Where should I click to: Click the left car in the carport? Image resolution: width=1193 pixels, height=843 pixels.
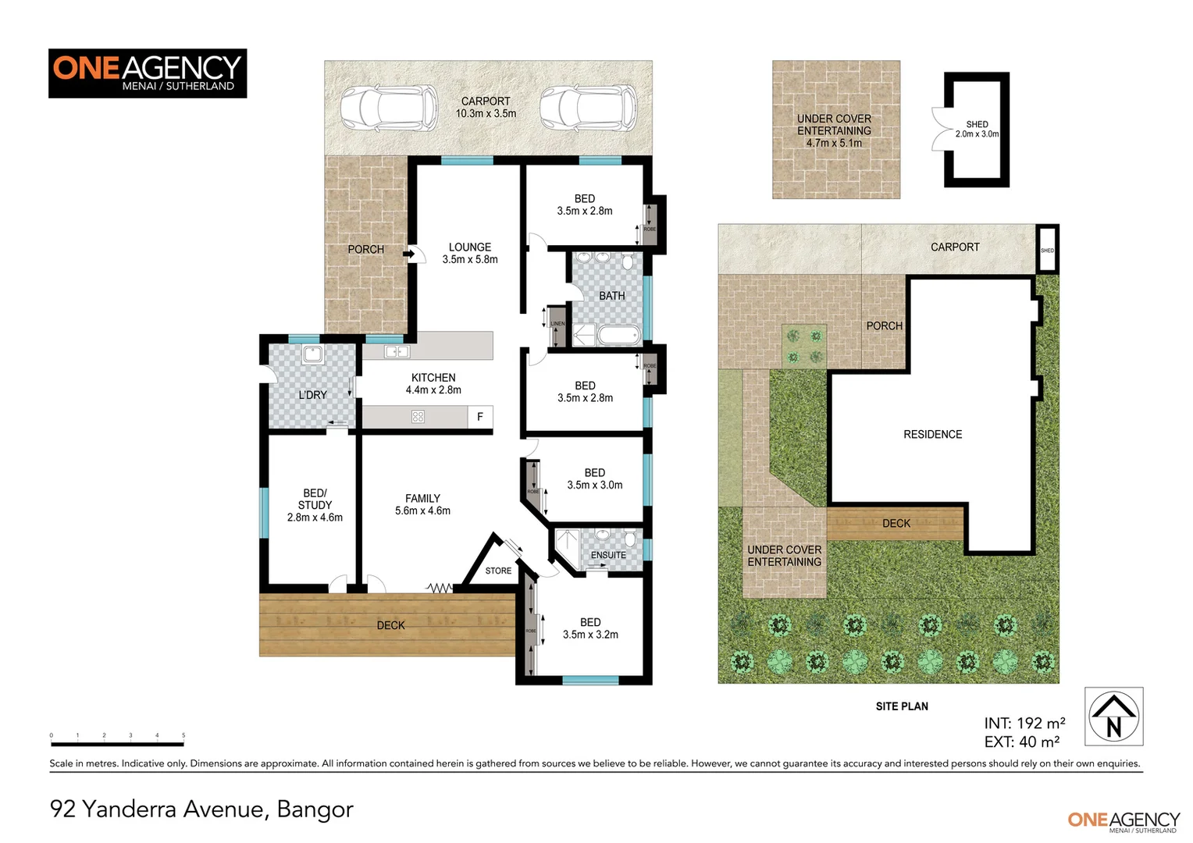coord(388,108)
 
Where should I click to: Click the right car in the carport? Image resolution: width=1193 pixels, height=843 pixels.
coord(589,108)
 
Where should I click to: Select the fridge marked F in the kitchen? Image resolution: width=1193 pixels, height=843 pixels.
coord(480,417)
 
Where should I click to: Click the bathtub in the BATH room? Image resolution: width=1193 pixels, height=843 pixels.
coord(619,336)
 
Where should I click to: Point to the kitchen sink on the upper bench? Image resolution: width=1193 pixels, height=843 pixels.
coord(397,352)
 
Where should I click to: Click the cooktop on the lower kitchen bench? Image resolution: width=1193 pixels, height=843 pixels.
coord(418,417)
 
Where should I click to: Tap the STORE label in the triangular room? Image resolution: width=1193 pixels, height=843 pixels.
coord(498,571)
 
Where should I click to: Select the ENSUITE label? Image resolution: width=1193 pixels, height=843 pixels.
coord(608,555)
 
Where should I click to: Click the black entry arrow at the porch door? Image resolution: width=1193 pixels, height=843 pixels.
coord(408,254)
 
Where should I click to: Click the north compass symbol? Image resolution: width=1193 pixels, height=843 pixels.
coord(1114,716)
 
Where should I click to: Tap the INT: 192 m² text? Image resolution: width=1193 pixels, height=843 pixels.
coord(1024,724)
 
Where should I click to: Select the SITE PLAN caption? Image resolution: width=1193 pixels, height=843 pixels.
coord(902,706)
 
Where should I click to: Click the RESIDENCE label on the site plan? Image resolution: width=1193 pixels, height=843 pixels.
coord(932,435)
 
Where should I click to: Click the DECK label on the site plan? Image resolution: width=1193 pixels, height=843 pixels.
coord(896,524)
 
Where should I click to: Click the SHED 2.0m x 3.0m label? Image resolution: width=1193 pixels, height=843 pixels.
coord(977,130)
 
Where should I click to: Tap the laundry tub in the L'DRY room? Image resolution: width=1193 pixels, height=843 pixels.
coord(312,355)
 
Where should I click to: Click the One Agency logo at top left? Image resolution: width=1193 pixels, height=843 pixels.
coord(148,73)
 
